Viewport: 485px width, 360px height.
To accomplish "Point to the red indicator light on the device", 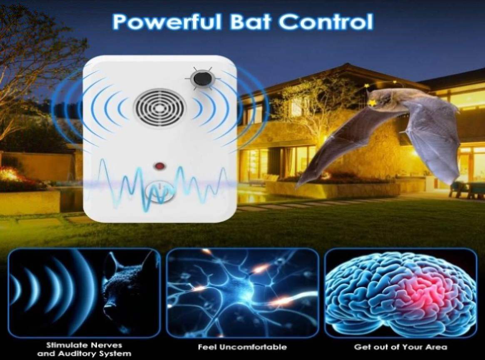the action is pos(160,166).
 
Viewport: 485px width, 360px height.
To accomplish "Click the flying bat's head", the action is pos(381,99).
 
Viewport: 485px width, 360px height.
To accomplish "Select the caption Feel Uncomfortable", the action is pos(242,347).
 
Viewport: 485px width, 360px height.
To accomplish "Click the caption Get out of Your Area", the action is pos(400,347).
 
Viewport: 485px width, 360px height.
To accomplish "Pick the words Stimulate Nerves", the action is pos(84,345).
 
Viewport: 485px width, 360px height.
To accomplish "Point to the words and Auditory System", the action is pos(84,353).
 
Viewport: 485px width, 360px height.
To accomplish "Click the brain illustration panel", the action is pos(400,293).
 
